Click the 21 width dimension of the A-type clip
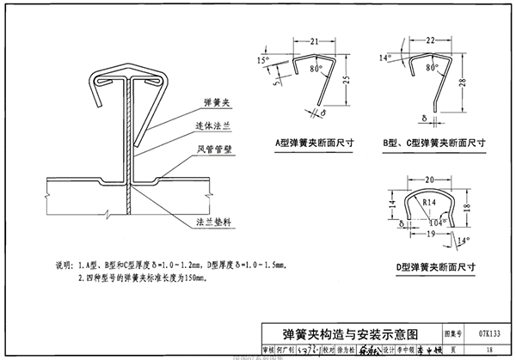coord(314,41)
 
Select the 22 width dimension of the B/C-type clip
coord(431,41)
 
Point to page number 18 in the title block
coord(488,350)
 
